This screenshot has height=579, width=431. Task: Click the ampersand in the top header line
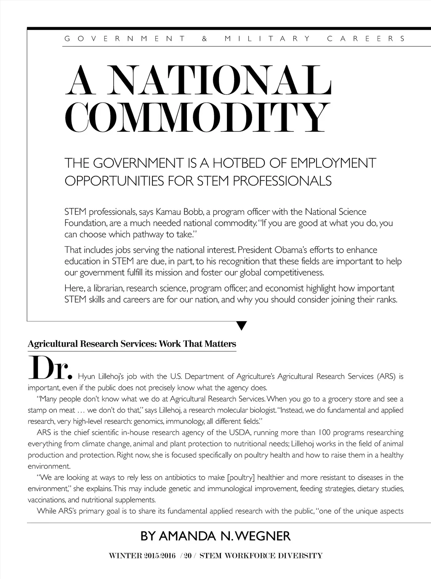205,39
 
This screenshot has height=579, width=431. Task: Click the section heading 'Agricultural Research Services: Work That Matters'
132,344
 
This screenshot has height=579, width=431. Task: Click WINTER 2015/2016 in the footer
142,556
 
